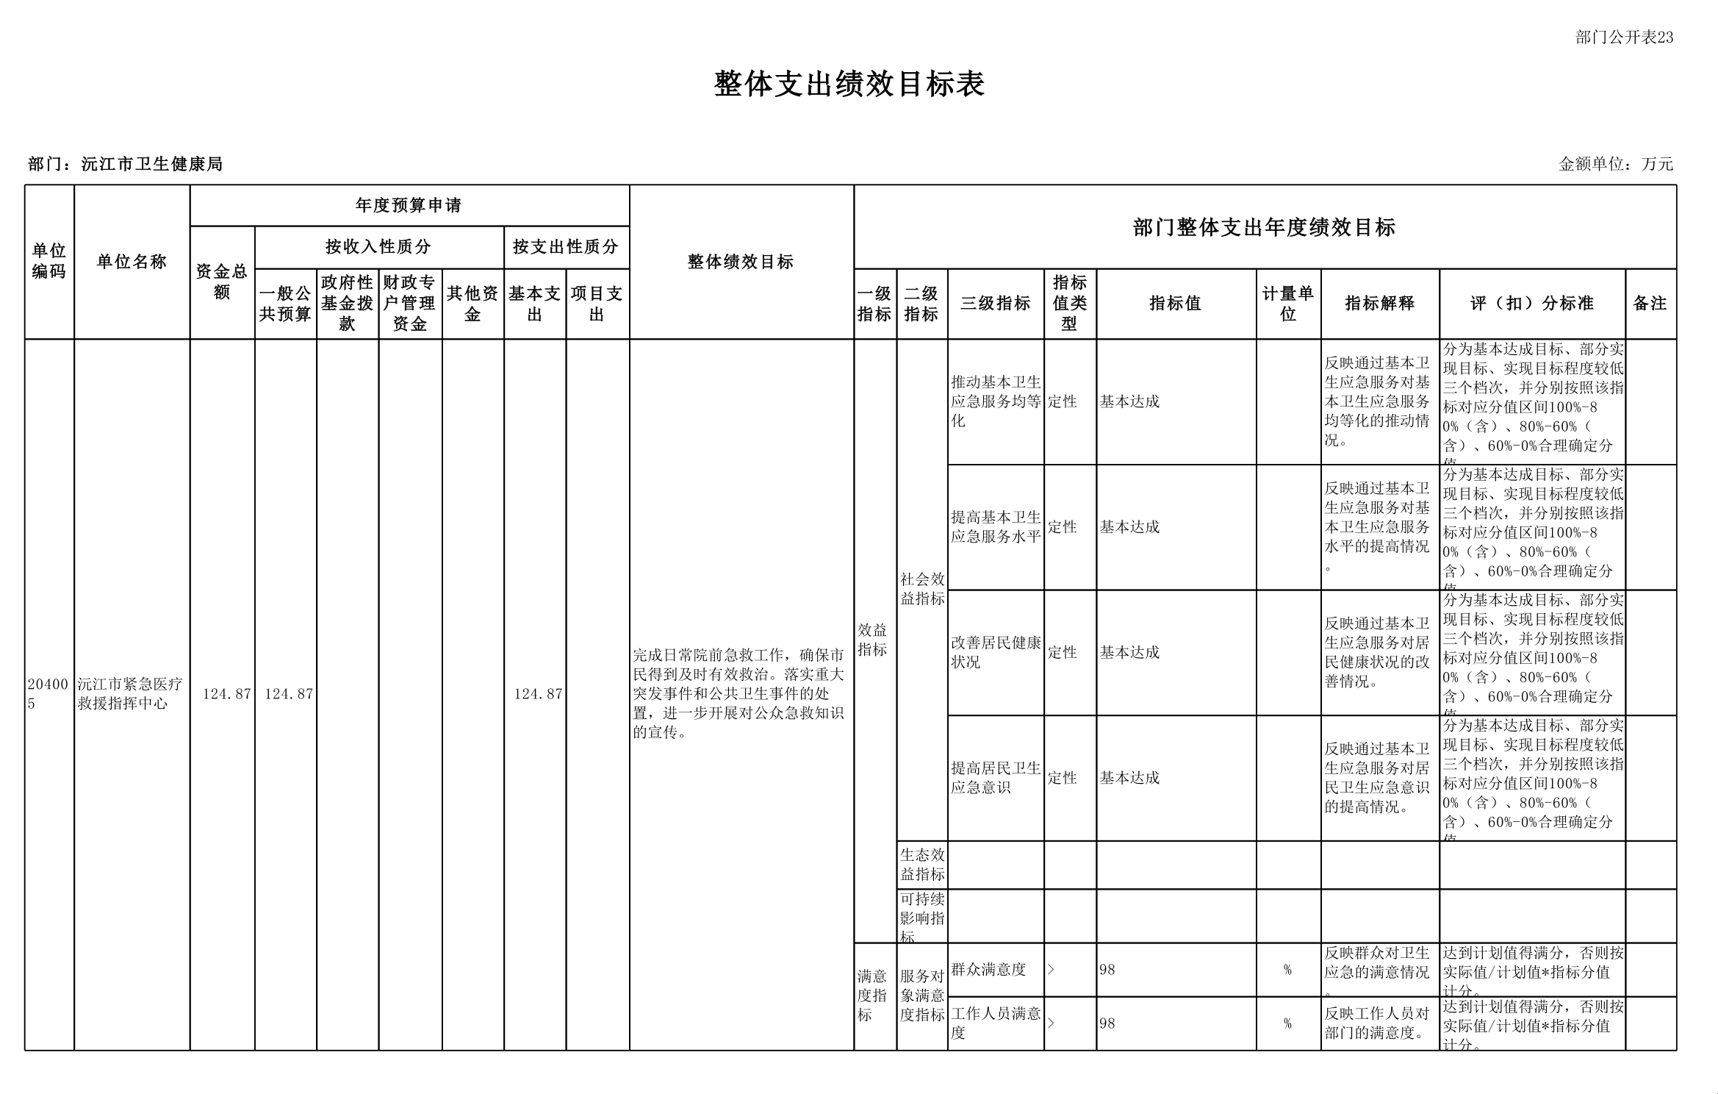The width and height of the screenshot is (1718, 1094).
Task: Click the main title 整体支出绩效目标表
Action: coord(849,85)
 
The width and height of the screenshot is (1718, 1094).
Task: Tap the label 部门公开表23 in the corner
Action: coord(1624,37)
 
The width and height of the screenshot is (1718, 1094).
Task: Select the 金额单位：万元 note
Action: coord(1616,164)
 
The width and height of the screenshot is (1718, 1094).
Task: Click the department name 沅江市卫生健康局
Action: coord(151,164)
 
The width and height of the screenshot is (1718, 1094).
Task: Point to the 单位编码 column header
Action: coord(49,262)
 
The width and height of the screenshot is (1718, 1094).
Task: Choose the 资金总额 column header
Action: coord(222,282)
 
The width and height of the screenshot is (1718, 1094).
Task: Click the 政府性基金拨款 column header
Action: coord(348,303)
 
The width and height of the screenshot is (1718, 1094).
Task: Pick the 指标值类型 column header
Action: coord(1069,303)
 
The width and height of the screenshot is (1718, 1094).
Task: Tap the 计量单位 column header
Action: coord(1287,303)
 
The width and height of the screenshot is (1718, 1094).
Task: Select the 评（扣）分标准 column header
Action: coord(1531,303)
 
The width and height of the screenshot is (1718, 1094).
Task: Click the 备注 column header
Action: coord(1650,303)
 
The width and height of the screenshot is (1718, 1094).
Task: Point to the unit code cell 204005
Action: coord(48,693)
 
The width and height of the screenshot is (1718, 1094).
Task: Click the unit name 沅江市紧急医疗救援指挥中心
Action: coord(131,693)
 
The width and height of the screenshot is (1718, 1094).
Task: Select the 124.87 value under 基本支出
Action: coord(538,693)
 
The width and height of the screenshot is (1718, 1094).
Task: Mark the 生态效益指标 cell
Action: coord(922,865)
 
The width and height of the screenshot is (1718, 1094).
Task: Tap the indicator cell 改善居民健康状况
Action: coord(995,652)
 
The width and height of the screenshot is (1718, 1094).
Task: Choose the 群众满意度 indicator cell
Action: coord(988,970)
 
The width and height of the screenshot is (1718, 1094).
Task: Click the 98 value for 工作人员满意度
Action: coord(1107,1023)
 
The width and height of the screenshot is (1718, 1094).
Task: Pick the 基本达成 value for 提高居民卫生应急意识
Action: coord(1129,778)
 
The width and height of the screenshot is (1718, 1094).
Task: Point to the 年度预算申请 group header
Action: coord(409,205)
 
